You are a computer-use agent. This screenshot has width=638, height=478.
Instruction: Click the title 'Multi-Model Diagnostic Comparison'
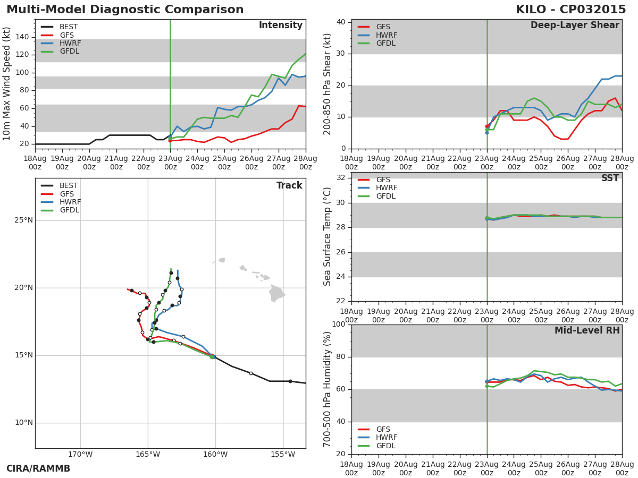coord(125,10)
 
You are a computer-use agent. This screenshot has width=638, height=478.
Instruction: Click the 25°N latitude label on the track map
coord(23,220)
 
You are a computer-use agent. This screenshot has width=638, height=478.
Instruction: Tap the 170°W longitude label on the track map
coord(80,455)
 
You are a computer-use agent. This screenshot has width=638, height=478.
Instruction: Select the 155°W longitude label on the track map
coord(283,455)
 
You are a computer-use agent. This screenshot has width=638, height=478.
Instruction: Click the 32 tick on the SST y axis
coord(340,178)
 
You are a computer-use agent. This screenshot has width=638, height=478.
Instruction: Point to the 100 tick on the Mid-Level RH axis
coord(338,325)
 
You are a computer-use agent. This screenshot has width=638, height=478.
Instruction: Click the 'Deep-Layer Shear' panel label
coord(575,25)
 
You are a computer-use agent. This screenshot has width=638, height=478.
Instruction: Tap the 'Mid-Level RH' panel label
coord(587,331)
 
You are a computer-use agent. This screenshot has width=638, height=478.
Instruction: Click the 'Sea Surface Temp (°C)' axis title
coord(328,237)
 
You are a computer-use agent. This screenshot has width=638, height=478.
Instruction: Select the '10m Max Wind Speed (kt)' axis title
coord(7,84)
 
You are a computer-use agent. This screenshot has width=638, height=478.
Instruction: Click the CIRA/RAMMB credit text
coord(38,469)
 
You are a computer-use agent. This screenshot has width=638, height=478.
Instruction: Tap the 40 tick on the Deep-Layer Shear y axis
coord(340,22)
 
